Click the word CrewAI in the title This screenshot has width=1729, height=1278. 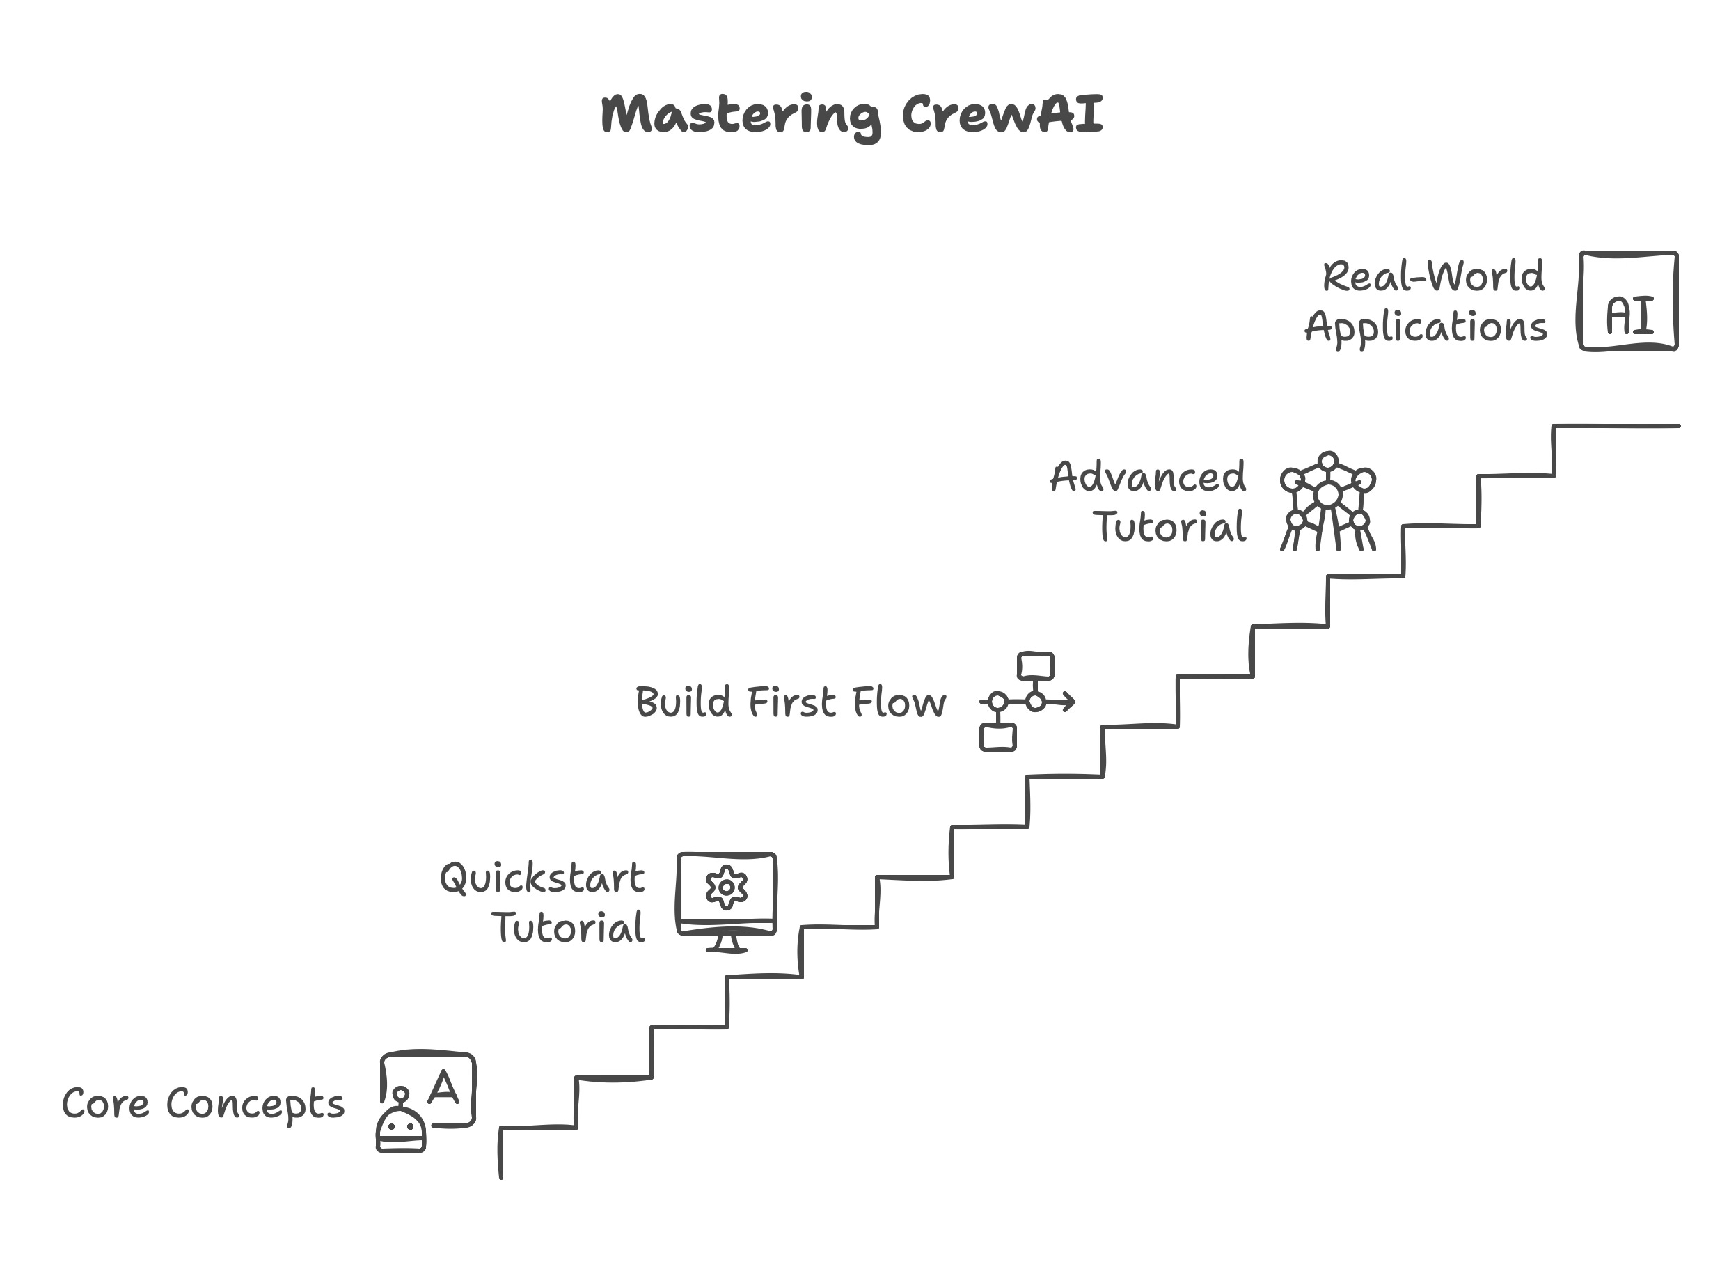[x=1002, y=114]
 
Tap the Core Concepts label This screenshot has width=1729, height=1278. [x=203, y=1105]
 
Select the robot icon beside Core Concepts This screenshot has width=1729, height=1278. [x=401, y=1128]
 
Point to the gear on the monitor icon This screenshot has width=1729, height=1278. [x=727, y=887]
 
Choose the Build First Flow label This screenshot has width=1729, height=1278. [x=790, y=702]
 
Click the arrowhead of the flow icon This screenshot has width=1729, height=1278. [x=1068, y=702]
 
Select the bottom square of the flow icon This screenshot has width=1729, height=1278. [x=998, y=737]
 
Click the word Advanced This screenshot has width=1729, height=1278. [x=1148, y=478]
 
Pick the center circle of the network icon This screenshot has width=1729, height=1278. [x=1327, y=495]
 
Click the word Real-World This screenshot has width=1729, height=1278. [x=1433, y=277]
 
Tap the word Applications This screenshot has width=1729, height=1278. [x=1426, y=327]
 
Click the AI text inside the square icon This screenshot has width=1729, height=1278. [x=1630, y=317]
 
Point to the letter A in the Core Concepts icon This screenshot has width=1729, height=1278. [x=444, y=1088]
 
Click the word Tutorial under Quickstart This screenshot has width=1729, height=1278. [x=569, y=929]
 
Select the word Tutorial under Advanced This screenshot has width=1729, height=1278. [x=1169, y=528]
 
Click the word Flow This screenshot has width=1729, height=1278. [x=898, y=702]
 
